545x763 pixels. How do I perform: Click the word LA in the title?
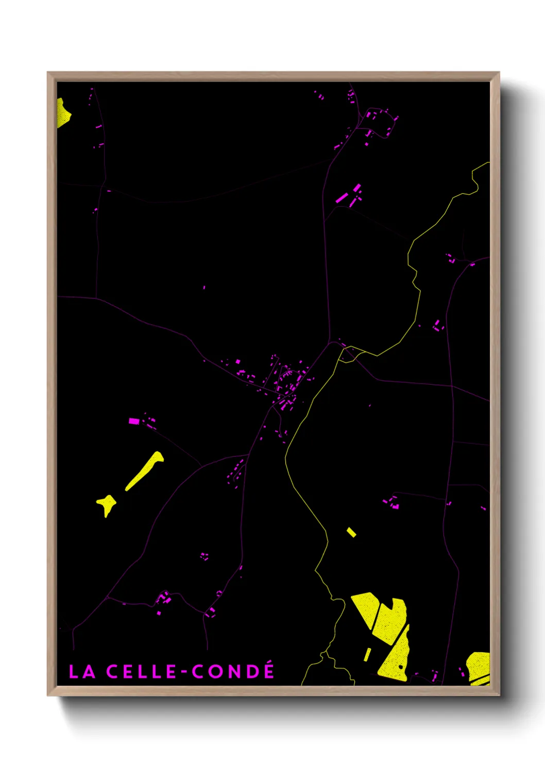pos(82,671)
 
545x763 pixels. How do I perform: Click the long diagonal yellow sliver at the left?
pos(145,470)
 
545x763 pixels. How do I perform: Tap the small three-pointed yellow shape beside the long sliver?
pos(107,504)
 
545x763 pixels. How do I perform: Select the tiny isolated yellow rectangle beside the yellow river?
pos(351,532)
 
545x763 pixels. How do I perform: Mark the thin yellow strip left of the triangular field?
pos(367,654)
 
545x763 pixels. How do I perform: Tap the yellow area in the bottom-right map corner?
pos(479,667)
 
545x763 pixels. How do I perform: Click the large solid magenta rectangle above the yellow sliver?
pos(134,421)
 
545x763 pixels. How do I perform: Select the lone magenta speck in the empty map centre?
pos(204,287)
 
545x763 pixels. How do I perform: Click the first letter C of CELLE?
pos(113,671)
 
